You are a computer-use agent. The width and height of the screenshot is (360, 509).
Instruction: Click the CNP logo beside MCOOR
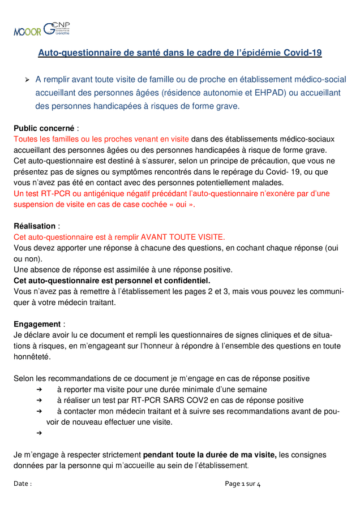pyautogui.click(x=57, y=28)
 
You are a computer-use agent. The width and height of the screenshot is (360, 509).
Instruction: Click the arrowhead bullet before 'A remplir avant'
pyautogui.click(x=27, y=80)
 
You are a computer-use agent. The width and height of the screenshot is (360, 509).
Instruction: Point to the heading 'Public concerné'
pyautogui.click(x=45, y=128)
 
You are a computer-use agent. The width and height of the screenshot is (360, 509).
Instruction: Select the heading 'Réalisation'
pyautogui.click(x=35, y=226)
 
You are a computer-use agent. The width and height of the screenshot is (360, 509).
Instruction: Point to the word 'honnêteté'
pyautogui.click(x=32, y=357)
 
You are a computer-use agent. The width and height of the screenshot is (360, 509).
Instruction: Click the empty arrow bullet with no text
pyautogui.click(x=39, y=433)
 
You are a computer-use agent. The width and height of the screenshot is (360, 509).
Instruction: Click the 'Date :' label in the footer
pyautogui.click(x=23, y=484)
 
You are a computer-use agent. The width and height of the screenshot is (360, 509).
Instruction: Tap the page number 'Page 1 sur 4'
pyautogui.click(x=242, y=484)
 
